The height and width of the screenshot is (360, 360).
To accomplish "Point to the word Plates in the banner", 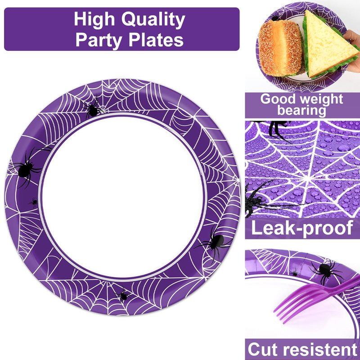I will click(x=156, y=40).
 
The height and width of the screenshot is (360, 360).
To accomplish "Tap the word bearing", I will click(x=301, y=110).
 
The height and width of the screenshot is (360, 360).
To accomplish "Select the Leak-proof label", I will click(x=302, y=228).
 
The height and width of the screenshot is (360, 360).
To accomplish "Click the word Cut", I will click(x=265, y=349).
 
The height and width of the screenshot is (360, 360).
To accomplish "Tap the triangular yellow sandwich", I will click(x=327, y=45).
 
